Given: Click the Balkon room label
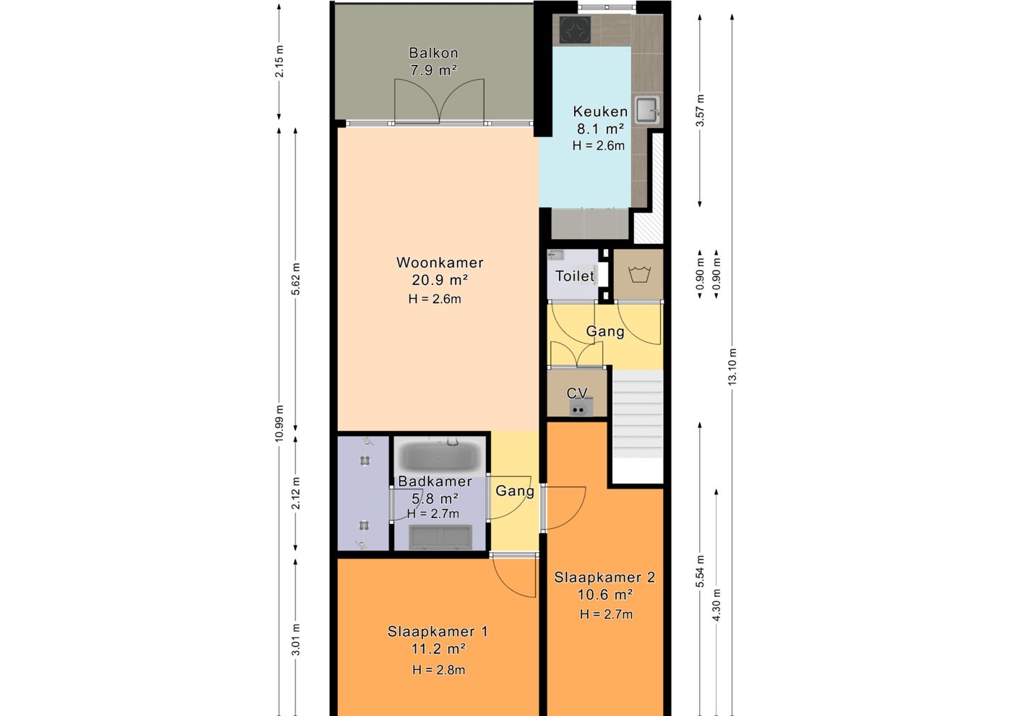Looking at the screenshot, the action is pyautogui.click(x=433, y=53).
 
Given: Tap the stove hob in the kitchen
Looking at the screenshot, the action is pyautogui.click(x=575, y=30).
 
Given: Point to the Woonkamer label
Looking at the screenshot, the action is pyautogui.click(x=440, y=263).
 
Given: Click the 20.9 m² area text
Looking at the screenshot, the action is pyautogui.click(x=440, y=280).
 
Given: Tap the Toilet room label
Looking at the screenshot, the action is pyautogui.click(x=575, y=276).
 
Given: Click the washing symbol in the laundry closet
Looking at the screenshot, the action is pyautogui.click(x=639, y=274).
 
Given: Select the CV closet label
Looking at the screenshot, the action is pyautogui.click(x=577, y=393).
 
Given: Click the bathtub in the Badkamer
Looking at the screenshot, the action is pyautogui.click(x=439, y=455).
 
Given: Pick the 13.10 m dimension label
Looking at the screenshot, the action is pyautogui.click(x=732, y=367).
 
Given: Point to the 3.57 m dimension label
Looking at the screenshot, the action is pyautogui.click(x=700, y=110).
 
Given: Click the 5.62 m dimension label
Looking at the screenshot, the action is pyautogui.click(x=295, y=279).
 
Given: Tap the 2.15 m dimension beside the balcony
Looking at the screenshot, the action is pyautogui.click(x=279, y=61).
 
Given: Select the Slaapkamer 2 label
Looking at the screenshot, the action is pyautogui.click(x=604, y=577).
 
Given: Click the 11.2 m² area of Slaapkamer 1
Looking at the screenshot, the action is pyautogui.click(x=438, y=649).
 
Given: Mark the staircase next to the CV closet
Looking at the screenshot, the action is pyautogui.click(x=637, y=427).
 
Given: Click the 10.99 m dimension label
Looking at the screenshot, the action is pyautogui.click(x=279, y=423).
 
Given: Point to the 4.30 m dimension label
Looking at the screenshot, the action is pyautogui.click(x=716, y=605).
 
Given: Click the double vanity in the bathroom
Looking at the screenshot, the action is pyautogui.click(x=440, y=537).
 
